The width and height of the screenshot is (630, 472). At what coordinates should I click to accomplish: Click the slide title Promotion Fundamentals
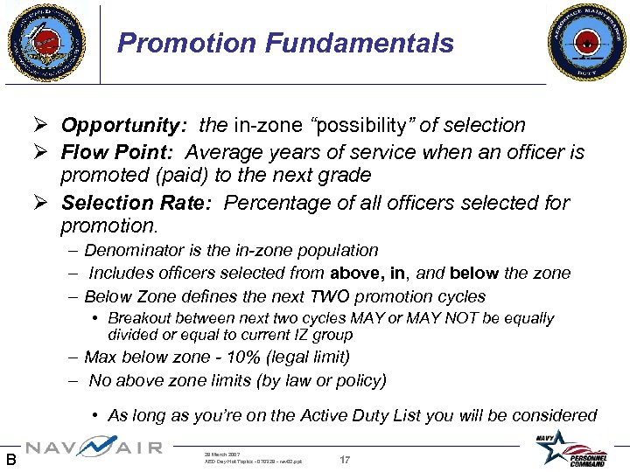[x=285, y=43]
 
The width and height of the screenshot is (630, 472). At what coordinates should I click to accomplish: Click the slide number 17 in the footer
[x=346, y=458]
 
